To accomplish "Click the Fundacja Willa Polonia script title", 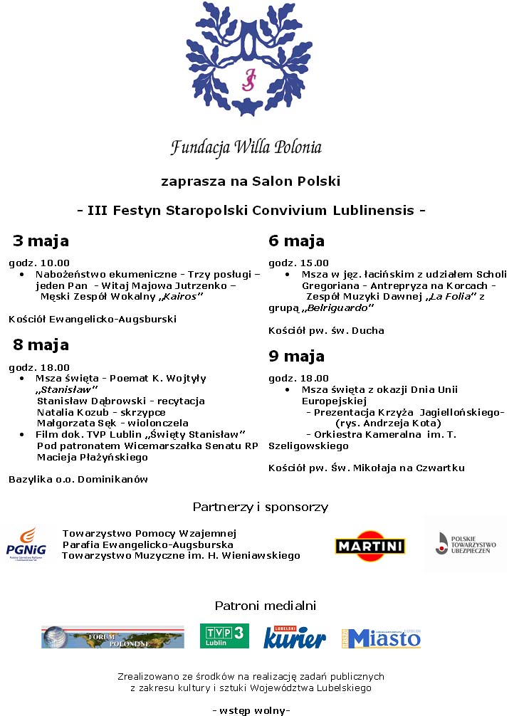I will (246, 147).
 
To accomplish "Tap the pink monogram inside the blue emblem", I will (248, 80).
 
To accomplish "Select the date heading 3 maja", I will (41, 241).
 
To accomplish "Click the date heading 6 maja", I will (296, 241).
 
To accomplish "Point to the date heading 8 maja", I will (41, 344).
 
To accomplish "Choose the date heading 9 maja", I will (296, 356).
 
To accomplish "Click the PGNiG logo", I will (26, 544).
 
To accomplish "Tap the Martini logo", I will (369, 546).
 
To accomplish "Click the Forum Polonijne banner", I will (112, 637).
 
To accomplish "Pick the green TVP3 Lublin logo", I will (224, 636).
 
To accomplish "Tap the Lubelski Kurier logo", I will (295, 636).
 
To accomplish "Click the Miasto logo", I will (382, 638).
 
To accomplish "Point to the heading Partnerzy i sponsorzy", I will (260, 507).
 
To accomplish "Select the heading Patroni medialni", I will (265, 606).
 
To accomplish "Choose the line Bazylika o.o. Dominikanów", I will (78, 479).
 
